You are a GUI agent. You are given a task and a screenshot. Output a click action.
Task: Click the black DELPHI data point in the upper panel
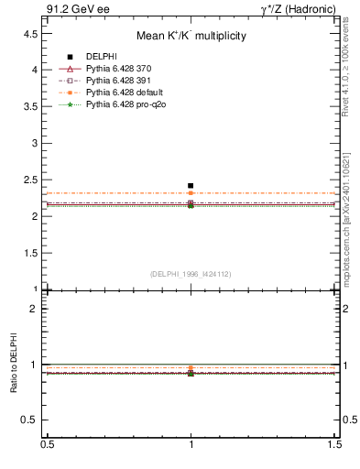point(191,186)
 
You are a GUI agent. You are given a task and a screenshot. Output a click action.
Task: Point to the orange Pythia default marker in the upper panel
point(191,193)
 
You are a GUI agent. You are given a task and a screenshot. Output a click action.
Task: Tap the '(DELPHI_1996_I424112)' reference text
point(191,273)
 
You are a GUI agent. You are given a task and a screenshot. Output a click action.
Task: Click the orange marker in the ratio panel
point(191,368)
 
